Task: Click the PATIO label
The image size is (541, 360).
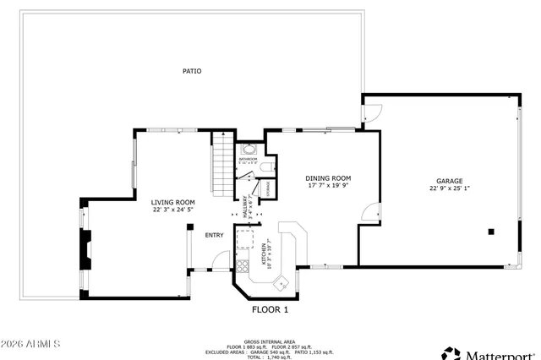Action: point(192,71)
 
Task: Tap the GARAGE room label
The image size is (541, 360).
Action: point(449,180)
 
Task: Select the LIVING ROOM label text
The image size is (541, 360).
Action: point(173,202)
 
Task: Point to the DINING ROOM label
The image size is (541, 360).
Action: point(327,178)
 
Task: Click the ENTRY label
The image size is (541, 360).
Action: point(215,235)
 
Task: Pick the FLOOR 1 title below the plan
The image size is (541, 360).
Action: point(270,309)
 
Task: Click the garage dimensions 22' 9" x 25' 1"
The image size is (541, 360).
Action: point(449,188)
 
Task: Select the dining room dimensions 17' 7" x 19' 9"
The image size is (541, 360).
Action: point(327,187)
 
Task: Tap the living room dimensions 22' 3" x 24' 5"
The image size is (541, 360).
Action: point(173,210)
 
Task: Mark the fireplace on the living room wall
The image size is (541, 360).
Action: point(85,250)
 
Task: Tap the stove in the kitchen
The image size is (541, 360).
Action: point(243,268)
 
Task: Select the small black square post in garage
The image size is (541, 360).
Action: point(489,231)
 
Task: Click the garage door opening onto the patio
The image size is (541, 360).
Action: point(372,111)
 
